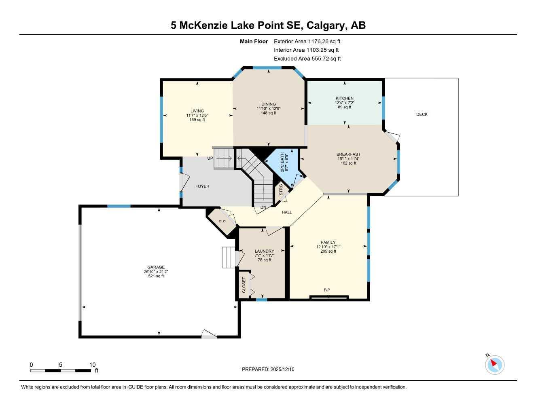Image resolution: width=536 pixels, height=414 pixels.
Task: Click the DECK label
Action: point(422,114)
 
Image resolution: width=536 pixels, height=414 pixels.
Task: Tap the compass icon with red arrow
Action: point(494,365)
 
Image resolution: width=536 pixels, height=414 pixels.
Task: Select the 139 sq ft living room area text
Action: point(197,120)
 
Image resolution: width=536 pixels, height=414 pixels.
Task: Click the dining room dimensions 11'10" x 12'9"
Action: point(268,108)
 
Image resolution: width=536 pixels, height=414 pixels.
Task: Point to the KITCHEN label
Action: point(344,98)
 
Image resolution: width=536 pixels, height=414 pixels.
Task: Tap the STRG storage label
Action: point(281,190)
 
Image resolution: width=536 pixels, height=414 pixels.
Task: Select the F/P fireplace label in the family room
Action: point(327,290)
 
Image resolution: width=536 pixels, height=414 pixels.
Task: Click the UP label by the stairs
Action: point(210,158)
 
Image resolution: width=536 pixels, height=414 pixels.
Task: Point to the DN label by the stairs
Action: point(263,207)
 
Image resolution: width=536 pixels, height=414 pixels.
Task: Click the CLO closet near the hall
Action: point(222,221)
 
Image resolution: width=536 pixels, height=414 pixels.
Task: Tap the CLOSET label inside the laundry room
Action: point(244,285)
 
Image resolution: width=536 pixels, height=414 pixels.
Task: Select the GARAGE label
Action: point(156,267)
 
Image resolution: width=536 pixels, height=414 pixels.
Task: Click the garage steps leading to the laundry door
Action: point(228,257)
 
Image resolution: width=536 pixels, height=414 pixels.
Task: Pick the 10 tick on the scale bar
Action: point(92,365)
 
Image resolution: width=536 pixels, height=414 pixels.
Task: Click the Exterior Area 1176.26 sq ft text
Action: point(307,41)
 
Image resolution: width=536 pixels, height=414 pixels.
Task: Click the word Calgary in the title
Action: point(325,25)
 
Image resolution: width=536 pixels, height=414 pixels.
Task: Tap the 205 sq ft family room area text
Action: point(328,251)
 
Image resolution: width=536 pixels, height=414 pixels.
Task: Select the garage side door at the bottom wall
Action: point(209,334)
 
